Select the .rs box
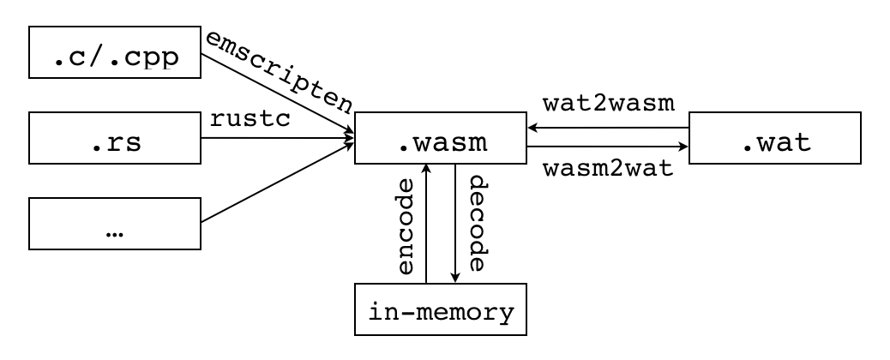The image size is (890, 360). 115,138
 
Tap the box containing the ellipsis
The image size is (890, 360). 115,224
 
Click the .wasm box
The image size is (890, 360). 441,138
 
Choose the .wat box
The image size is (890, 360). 775,138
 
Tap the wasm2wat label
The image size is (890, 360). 609,168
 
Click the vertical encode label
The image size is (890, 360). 408,226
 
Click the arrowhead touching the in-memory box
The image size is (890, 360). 454,276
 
